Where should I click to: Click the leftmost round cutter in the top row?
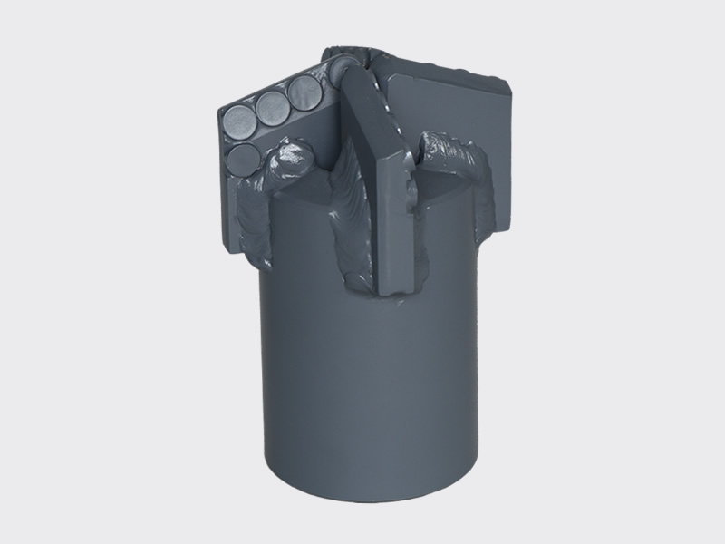pos(239,121)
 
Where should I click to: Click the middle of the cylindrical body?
pos(372,381)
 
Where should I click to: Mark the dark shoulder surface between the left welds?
pos(299,195)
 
